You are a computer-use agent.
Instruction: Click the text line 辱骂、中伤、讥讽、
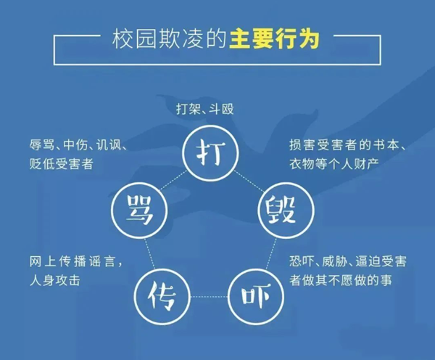click(75, 145)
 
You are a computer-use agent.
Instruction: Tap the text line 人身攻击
click(50, 278)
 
